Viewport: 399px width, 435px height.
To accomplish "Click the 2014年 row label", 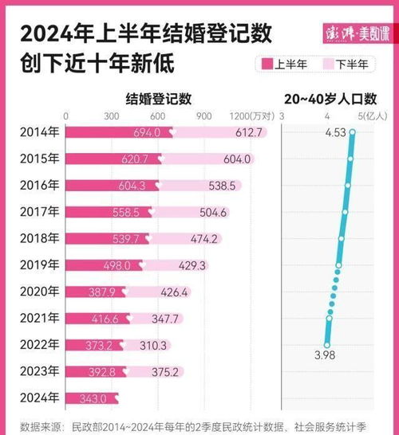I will click(x=38, y=132).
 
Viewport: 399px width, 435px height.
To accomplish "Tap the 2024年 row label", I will click(x=38, y=398).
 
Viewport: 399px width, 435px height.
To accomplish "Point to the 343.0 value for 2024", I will click(x=86, y=398).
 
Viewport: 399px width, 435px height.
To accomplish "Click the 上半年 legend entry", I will click(x=282, y=63).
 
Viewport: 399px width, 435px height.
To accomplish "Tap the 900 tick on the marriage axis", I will click(x=204, y=116).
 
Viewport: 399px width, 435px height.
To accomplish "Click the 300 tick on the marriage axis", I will click(x=111, y=116).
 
